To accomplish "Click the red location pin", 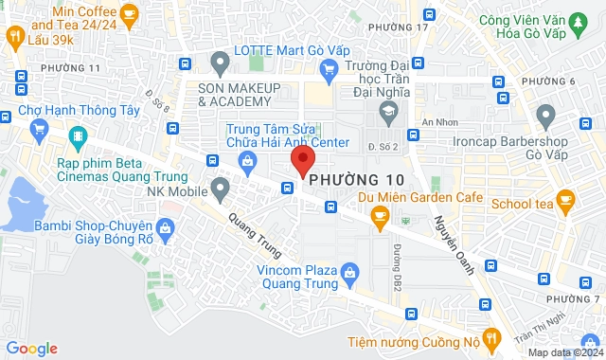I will (x=302, y=159).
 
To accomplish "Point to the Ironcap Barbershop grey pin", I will (x=544, y=116).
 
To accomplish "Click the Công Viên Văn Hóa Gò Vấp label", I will (x=542, y=27).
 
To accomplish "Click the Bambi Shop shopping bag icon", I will (x=166, y=227).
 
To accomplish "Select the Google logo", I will (x=31, y=349).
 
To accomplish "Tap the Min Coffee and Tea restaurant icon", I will (x=14, y=37).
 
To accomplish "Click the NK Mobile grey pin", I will (x=221, y=188).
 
